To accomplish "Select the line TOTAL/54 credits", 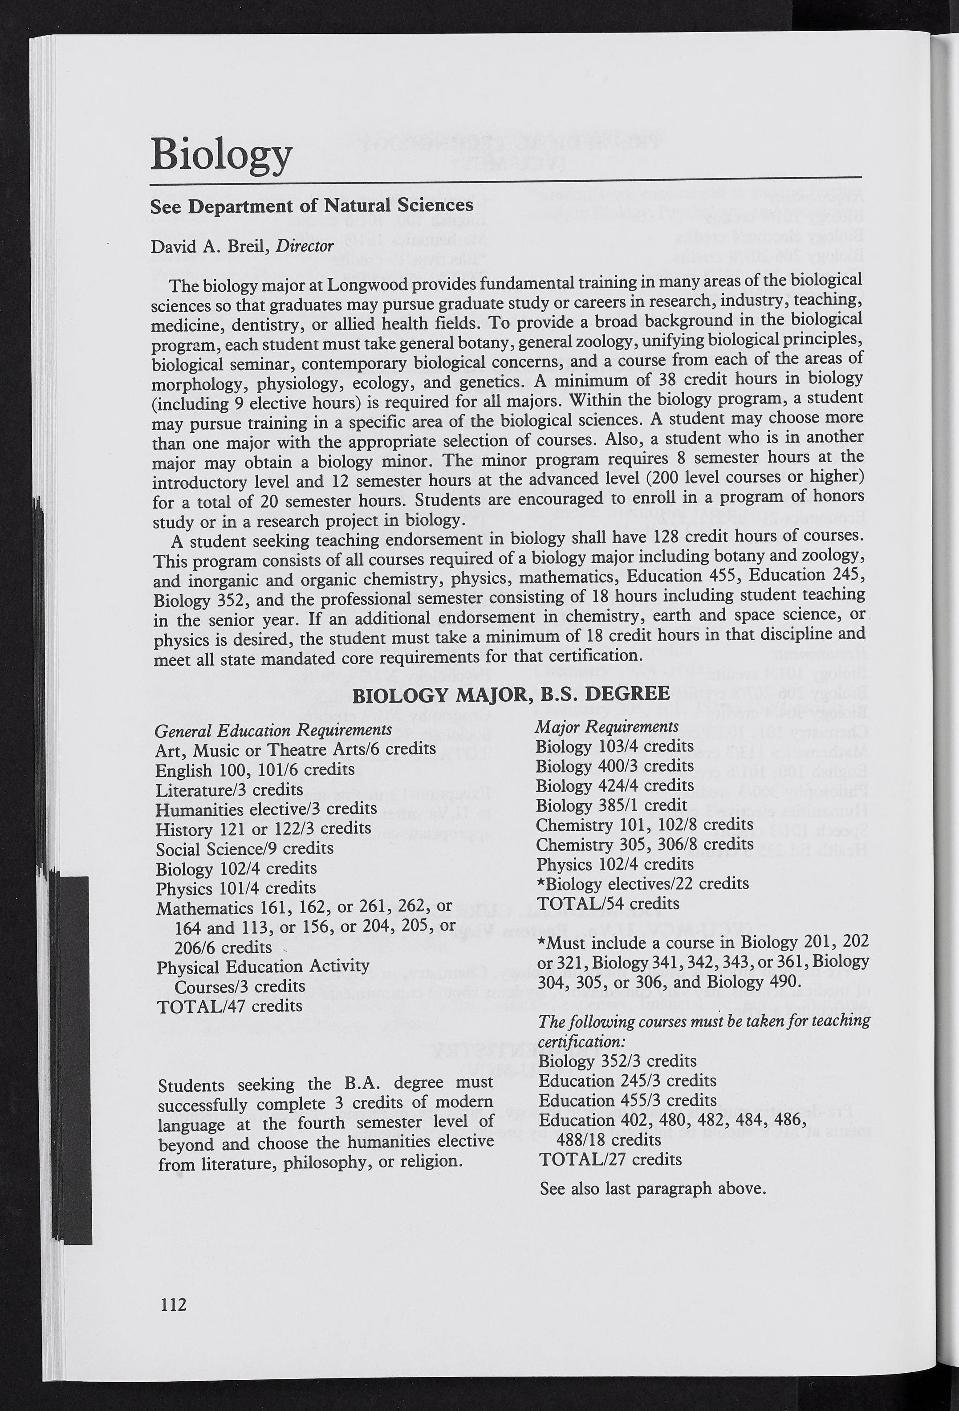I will [x=608, y=903].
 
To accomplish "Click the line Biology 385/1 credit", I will [x=611, y=805].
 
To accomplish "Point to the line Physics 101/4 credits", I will [x=236, y=888].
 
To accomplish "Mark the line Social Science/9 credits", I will [x=244, y=848].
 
